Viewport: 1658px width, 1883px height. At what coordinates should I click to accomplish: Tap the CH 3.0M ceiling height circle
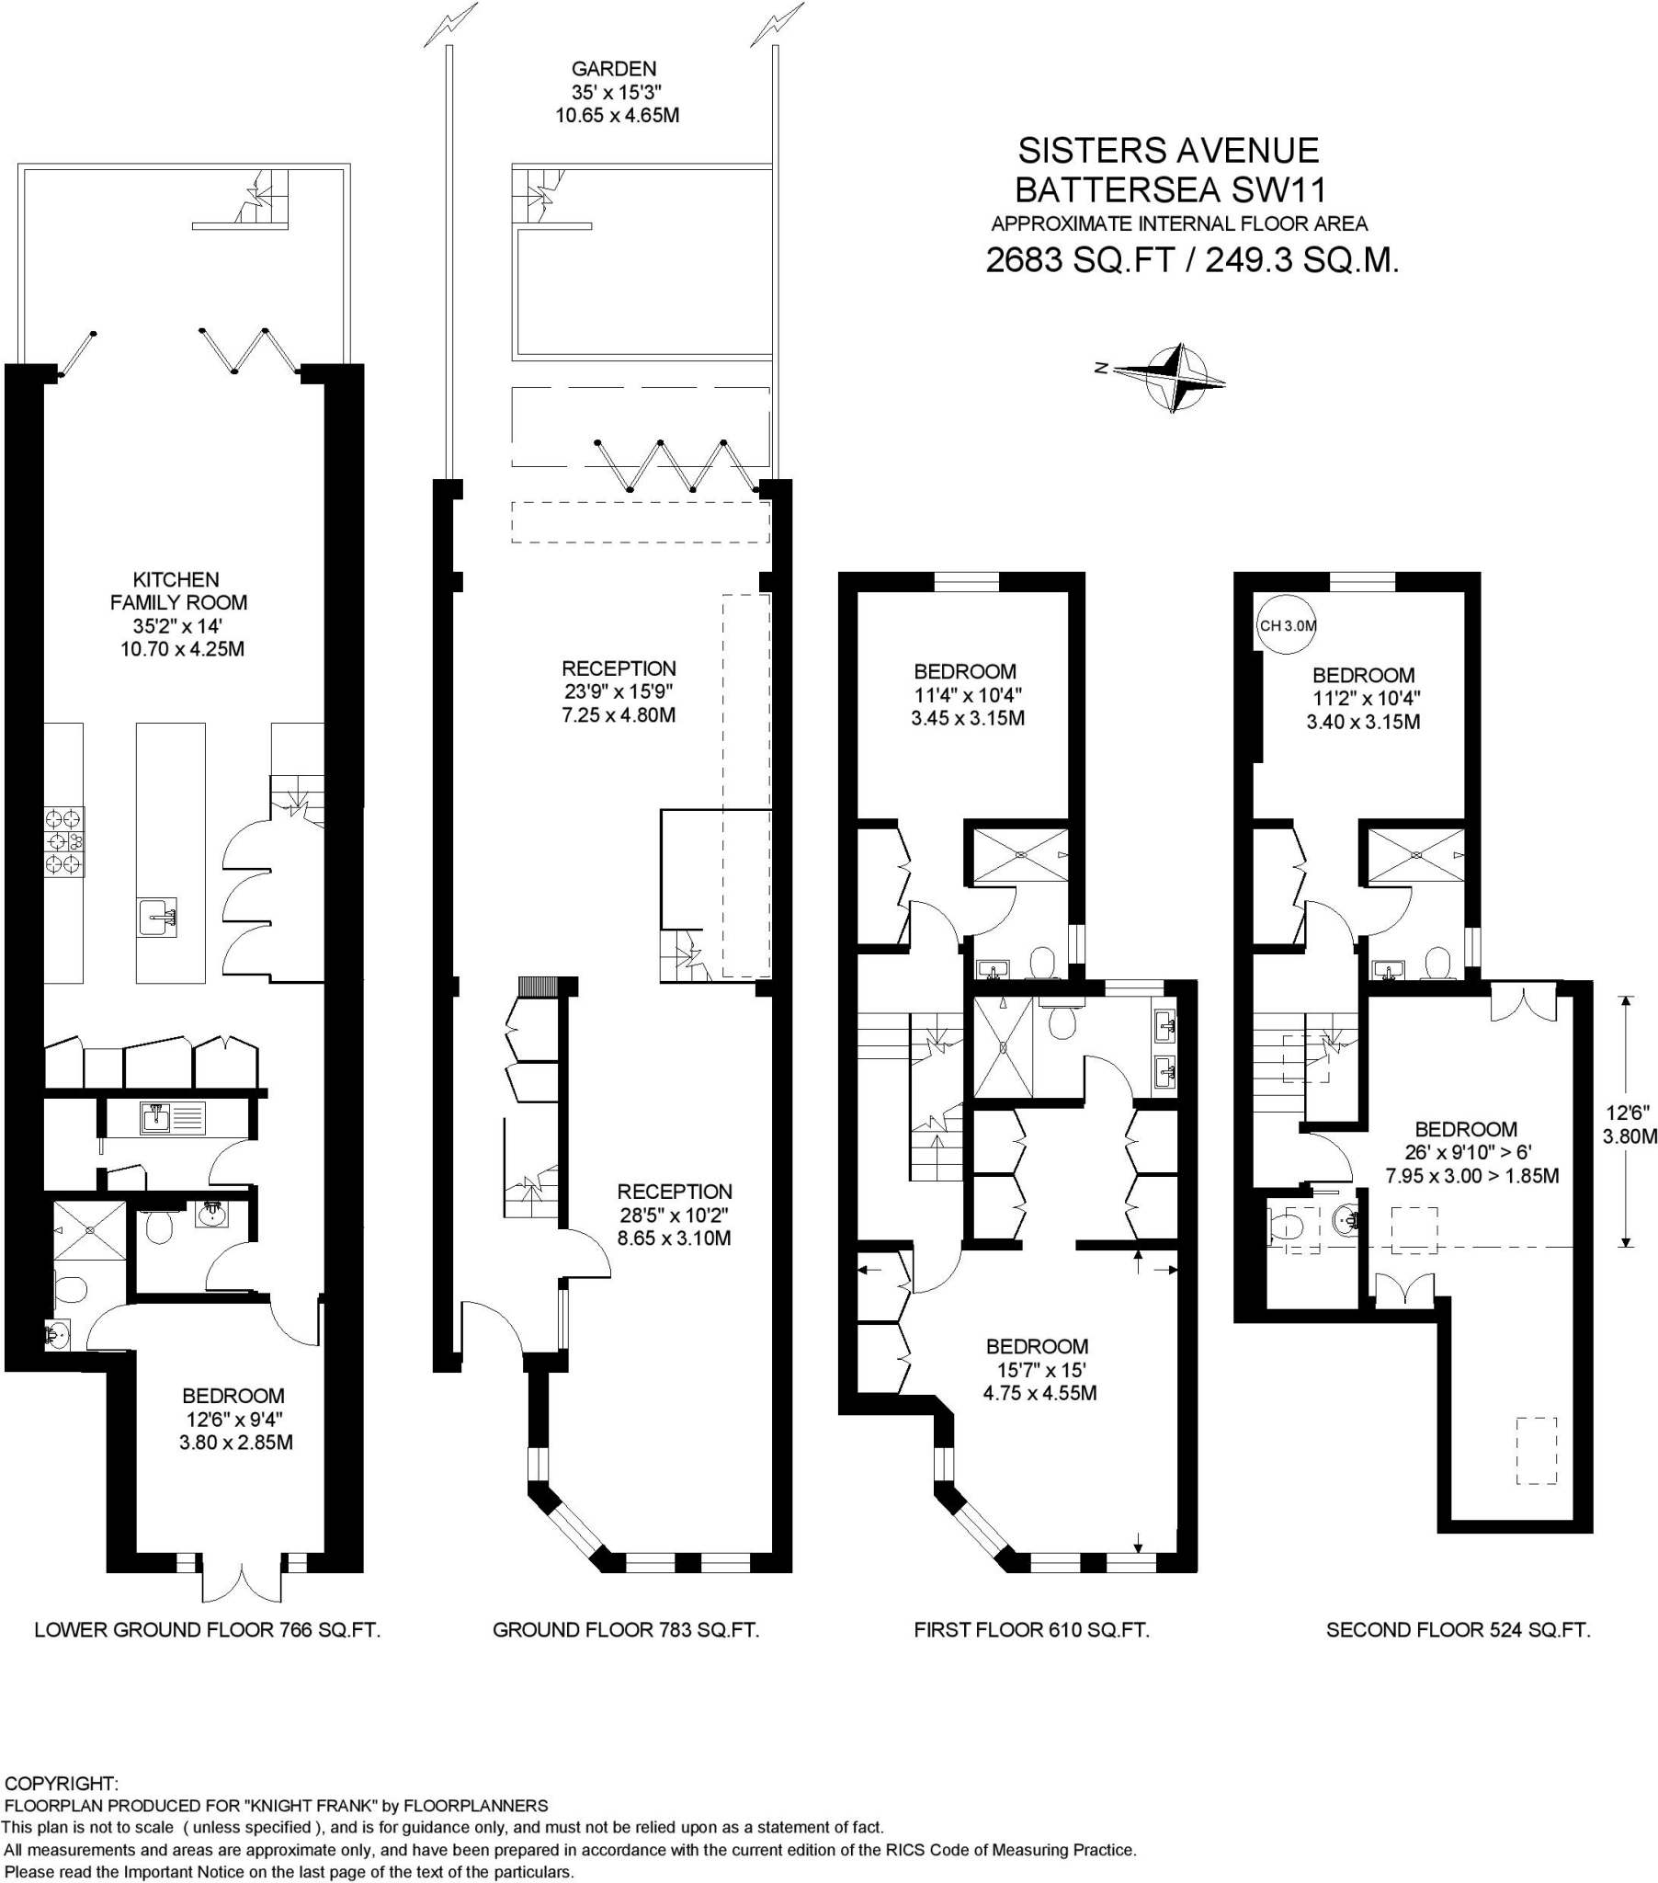(1287, 625)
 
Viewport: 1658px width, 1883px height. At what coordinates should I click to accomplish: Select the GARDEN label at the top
(614, 69)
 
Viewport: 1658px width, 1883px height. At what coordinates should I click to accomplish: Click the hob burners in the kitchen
(64, 840)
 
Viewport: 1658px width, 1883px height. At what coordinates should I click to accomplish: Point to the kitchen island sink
(158, 916)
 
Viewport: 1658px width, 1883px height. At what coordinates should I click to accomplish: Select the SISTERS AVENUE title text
(1168, 150)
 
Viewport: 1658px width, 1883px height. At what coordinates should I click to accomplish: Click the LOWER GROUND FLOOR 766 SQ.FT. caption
(208, 1629)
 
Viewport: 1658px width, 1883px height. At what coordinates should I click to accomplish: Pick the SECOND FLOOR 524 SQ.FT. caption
(1459, 1629)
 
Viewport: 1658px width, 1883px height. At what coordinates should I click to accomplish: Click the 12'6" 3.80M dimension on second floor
(1629, 1123)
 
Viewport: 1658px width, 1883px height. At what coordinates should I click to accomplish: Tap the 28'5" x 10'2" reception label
(674, 1215)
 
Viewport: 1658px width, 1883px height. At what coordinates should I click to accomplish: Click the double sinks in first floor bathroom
(1164, 1048)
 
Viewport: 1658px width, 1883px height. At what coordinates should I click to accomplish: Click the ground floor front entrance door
(492, 1325)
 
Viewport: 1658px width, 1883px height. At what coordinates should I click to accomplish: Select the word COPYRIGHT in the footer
(62, 1783)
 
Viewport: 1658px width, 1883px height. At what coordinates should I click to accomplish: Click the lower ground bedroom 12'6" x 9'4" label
(235, 1419)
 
